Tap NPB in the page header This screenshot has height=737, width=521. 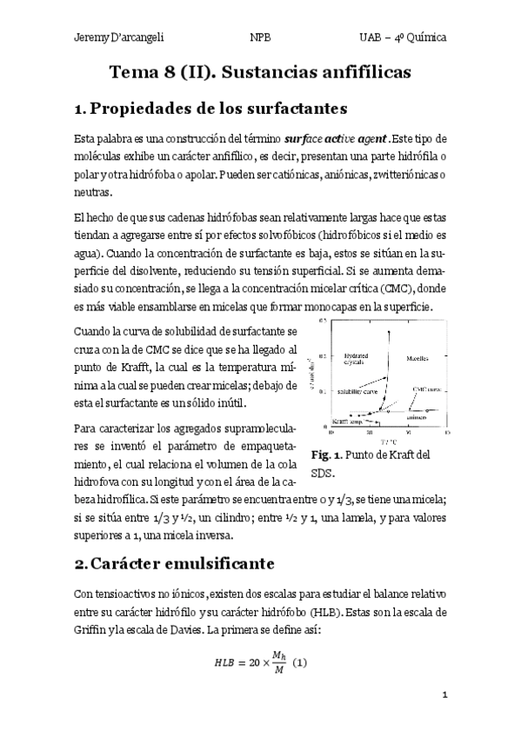[260, 38]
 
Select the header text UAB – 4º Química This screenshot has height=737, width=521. [404, 38]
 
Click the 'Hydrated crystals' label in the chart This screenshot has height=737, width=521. [357, 360]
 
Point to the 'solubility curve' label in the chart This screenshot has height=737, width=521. [357, 392]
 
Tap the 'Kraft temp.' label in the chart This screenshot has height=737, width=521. [344, 421]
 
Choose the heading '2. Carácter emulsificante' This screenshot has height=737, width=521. [175, 563]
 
